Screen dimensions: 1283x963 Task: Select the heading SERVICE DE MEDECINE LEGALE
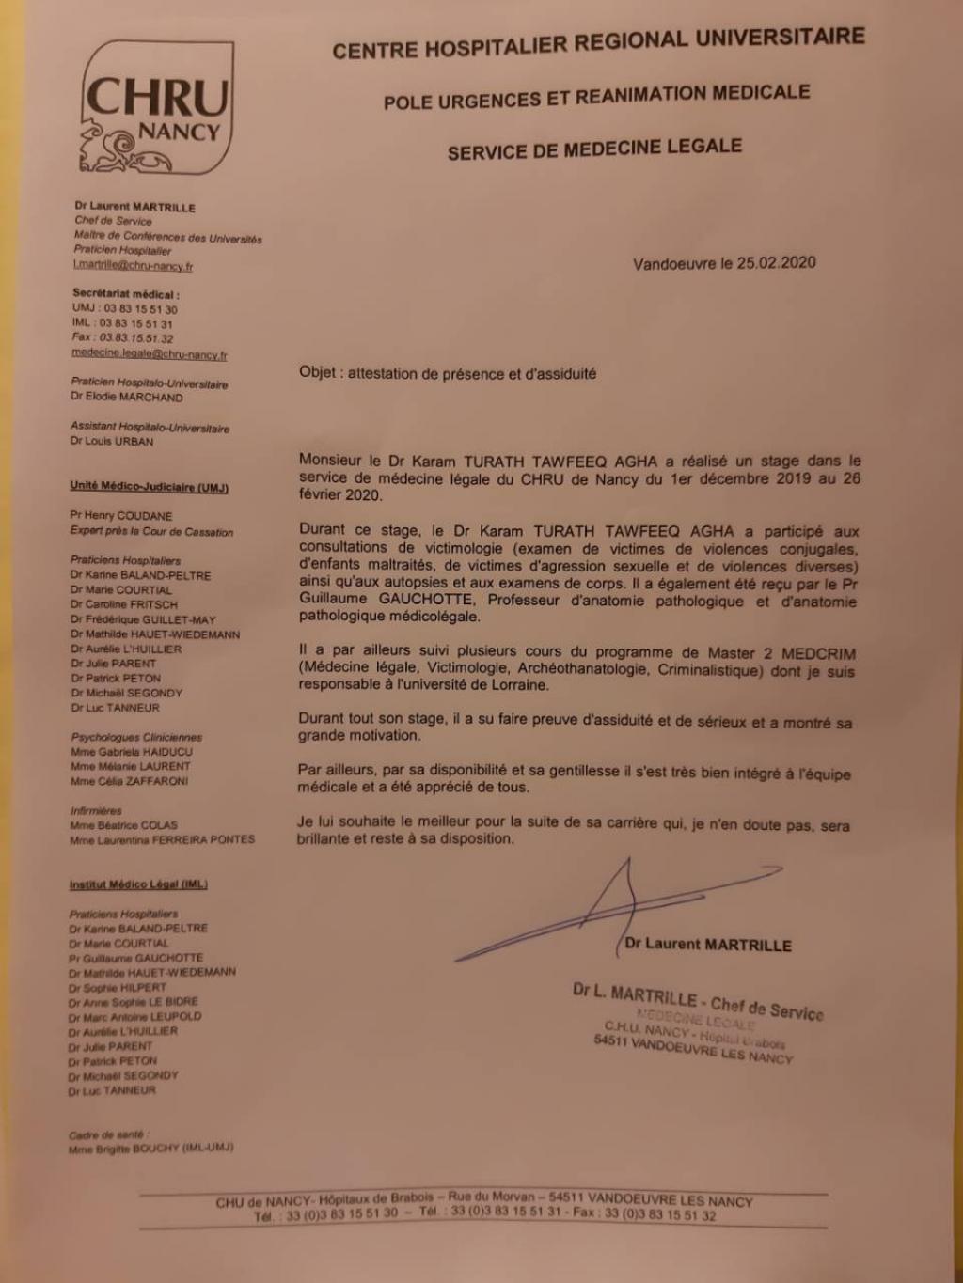[x=594, y=149]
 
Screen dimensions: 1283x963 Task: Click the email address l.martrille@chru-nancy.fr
[x=133, y=266]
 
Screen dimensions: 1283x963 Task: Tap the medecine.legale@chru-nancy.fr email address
[x=149, y=354]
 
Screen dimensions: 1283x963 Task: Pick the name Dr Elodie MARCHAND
[x=126, y=397]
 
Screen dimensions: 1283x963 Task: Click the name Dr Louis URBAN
[x=111, y=441]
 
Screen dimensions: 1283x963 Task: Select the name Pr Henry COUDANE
[x=122, y=516]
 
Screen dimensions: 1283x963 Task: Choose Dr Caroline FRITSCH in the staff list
[x=123, y=604]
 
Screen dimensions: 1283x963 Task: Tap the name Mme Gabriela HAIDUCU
[x=130, y=752]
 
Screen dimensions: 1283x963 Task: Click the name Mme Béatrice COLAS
[x=123, y=825]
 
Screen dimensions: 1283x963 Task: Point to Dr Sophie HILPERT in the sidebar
[x=117, y=987]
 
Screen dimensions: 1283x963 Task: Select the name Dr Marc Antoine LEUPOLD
[x=134, y=1016]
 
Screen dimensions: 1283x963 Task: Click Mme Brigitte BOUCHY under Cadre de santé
[x=150, y=1148]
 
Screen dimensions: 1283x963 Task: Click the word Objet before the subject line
[x=318, y=372]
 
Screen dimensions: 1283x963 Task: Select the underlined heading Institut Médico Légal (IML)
[x=137, y=884]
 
